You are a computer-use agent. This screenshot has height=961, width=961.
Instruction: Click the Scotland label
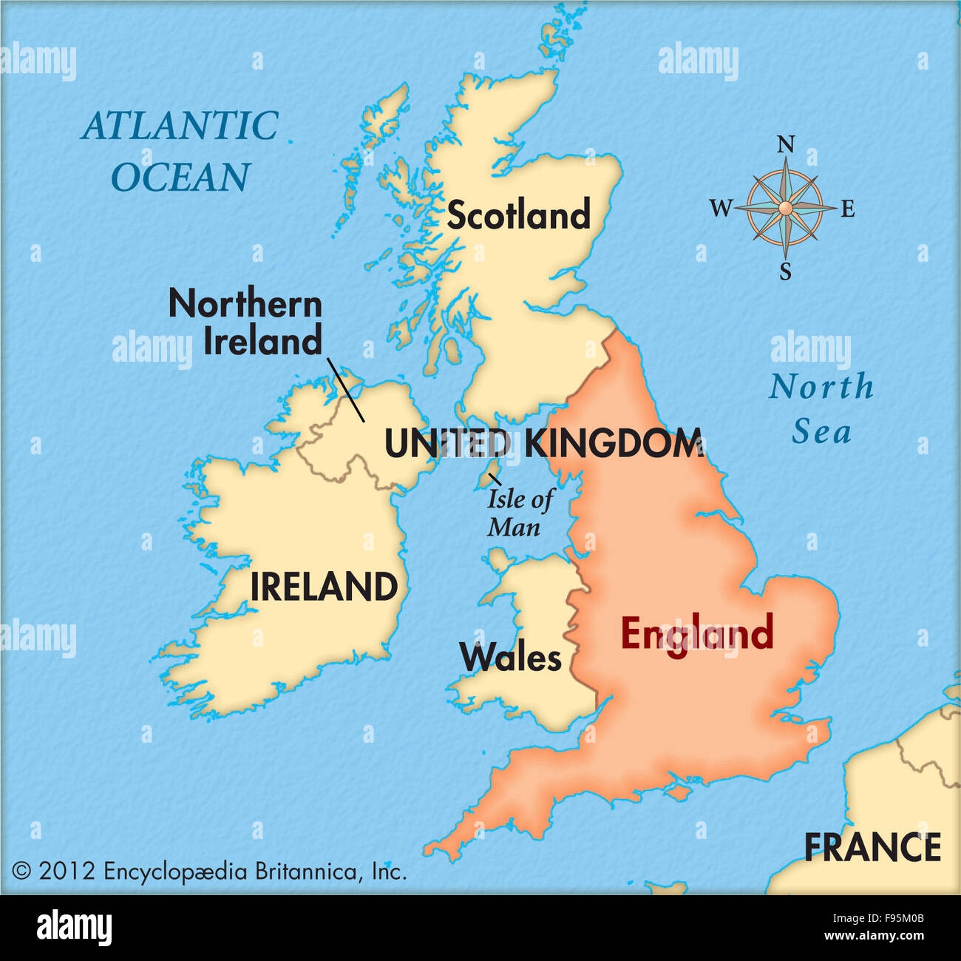click(x=518, y=215)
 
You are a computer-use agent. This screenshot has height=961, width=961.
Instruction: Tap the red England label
click(x=696, y=634)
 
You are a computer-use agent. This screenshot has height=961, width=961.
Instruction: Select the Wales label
click(x=510, y=657)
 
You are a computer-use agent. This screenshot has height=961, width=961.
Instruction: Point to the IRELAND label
click(x=324, y=587)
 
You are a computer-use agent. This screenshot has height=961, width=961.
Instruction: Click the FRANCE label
click(x=872, y=848)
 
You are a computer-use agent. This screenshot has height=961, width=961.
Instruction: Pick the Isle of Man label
click(x=519, y=513)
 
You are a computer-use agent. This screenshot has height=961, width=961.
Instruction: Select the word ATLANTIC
click(x=180, y=126)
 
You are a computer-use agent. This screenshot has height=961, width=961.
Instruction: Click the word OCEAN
click(x=180, y=178)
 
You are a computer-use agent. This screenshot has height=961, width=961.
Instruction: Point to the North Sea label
click(x=821, y=409)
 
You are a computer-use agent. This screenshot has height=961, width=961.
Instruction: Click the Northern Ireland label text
click(x=246, y=323)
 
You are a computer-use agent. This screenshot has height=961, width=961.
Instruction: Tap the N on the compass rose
click(x=787, y=144)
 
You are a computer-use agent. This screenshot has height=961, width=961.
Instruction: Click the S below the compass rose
click(x=786, y=272)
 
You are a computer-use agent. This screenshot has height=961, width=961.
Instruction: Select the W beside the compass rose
click(x=720, y=209)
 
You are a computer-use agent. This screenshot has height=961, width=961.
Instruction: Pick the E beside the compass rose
click(x=848, y=209)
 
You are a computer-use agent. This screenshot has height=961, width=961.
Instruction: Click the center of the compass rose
click(x=786, y=209)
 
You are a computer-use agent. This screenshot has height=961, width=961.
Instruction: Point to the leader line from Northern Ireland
click(x=346, y=390)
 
